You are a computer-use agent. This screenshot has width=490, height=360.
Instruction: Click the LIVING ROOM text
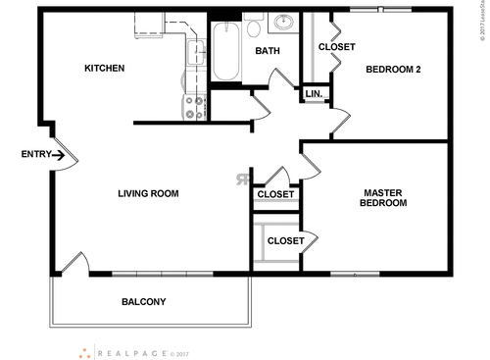point(148,194)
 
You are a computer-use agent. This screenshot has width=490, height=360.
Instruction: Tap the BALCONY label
point(143,301)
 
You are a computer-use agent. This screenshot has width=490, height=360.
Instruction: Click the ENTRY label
point(35,154)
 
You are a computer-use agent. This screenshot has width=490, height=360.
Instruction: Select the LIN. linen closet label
point(314,94)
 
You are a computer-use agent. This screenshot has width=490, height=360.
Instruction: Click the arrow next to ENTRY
point(59,154)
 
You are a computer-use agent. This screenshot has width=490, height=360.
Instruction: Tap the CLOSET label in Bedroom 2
point(336,47)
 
